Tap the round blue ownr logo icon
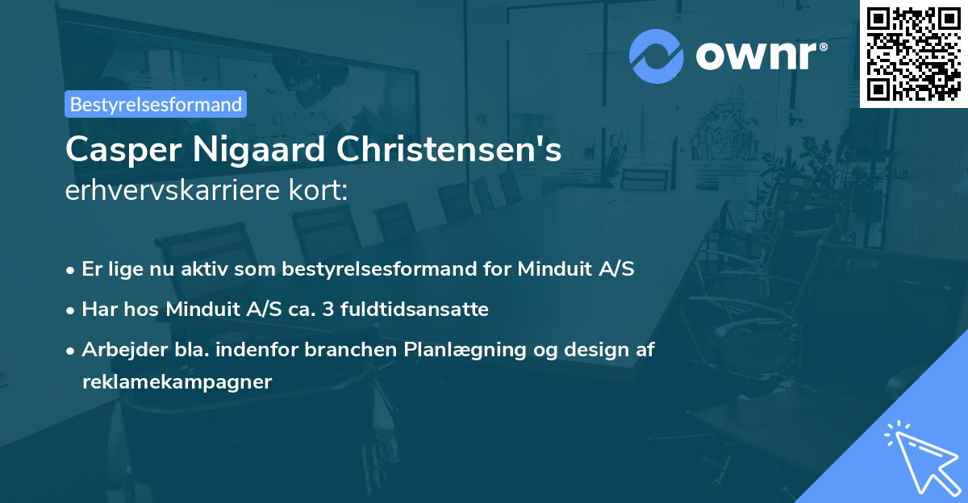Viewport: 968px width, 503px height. click(657, 56)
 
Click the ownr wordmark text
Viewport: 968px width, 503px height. click(759, 56)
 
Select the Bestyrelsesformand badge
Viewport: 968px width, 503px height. click(156, 104)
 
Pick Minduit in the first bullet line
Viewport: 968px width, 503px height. click(548, 269)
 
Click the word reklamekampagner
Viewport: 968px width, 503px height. click(177, 381)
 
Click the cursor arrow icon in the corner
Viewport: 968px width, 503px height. click(919, 455)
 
